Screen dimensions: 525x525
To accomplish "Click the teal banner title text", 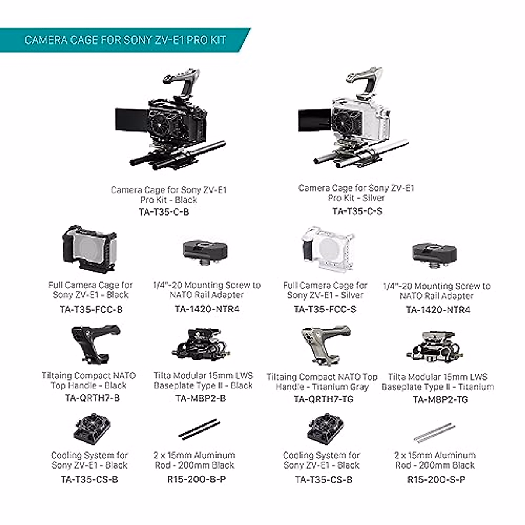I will (x=125, y=40).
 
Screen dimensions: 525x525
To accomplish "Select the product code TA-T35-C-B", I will (x=164, y=212).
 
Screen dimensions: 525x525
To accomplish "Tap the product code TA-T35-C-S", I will (x=357, y=211).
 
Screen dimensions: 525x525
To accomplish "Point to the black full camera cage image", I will (x=89, y=250).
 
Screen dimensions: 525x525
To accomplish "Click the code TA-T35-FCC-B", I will (x=91, y=310).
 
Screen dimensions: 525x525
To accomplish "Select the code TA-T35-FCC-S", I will (x=325, y=309).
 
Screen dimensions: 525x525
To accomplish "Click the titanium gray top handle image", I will (x=325, y=345).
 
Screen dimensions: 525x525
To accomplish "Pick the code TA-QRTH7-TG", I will (x=323, y=399).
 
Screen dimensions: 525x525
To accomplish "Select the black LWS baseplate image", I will (x=201, y=346).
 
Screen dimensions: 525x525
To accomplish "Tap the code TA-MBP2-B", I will (x=201, y=399).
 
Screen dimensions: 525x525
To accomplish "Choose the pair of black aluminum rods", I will (x=199, y=429).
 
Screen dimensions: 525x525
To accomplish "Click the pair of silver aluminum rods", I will (x=433, y=432).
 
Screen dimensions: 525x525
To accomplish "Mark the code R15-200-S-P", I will (x=436, y=479).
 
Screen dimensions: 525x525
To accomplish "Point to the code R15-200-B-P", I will (x=197, y=479).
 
